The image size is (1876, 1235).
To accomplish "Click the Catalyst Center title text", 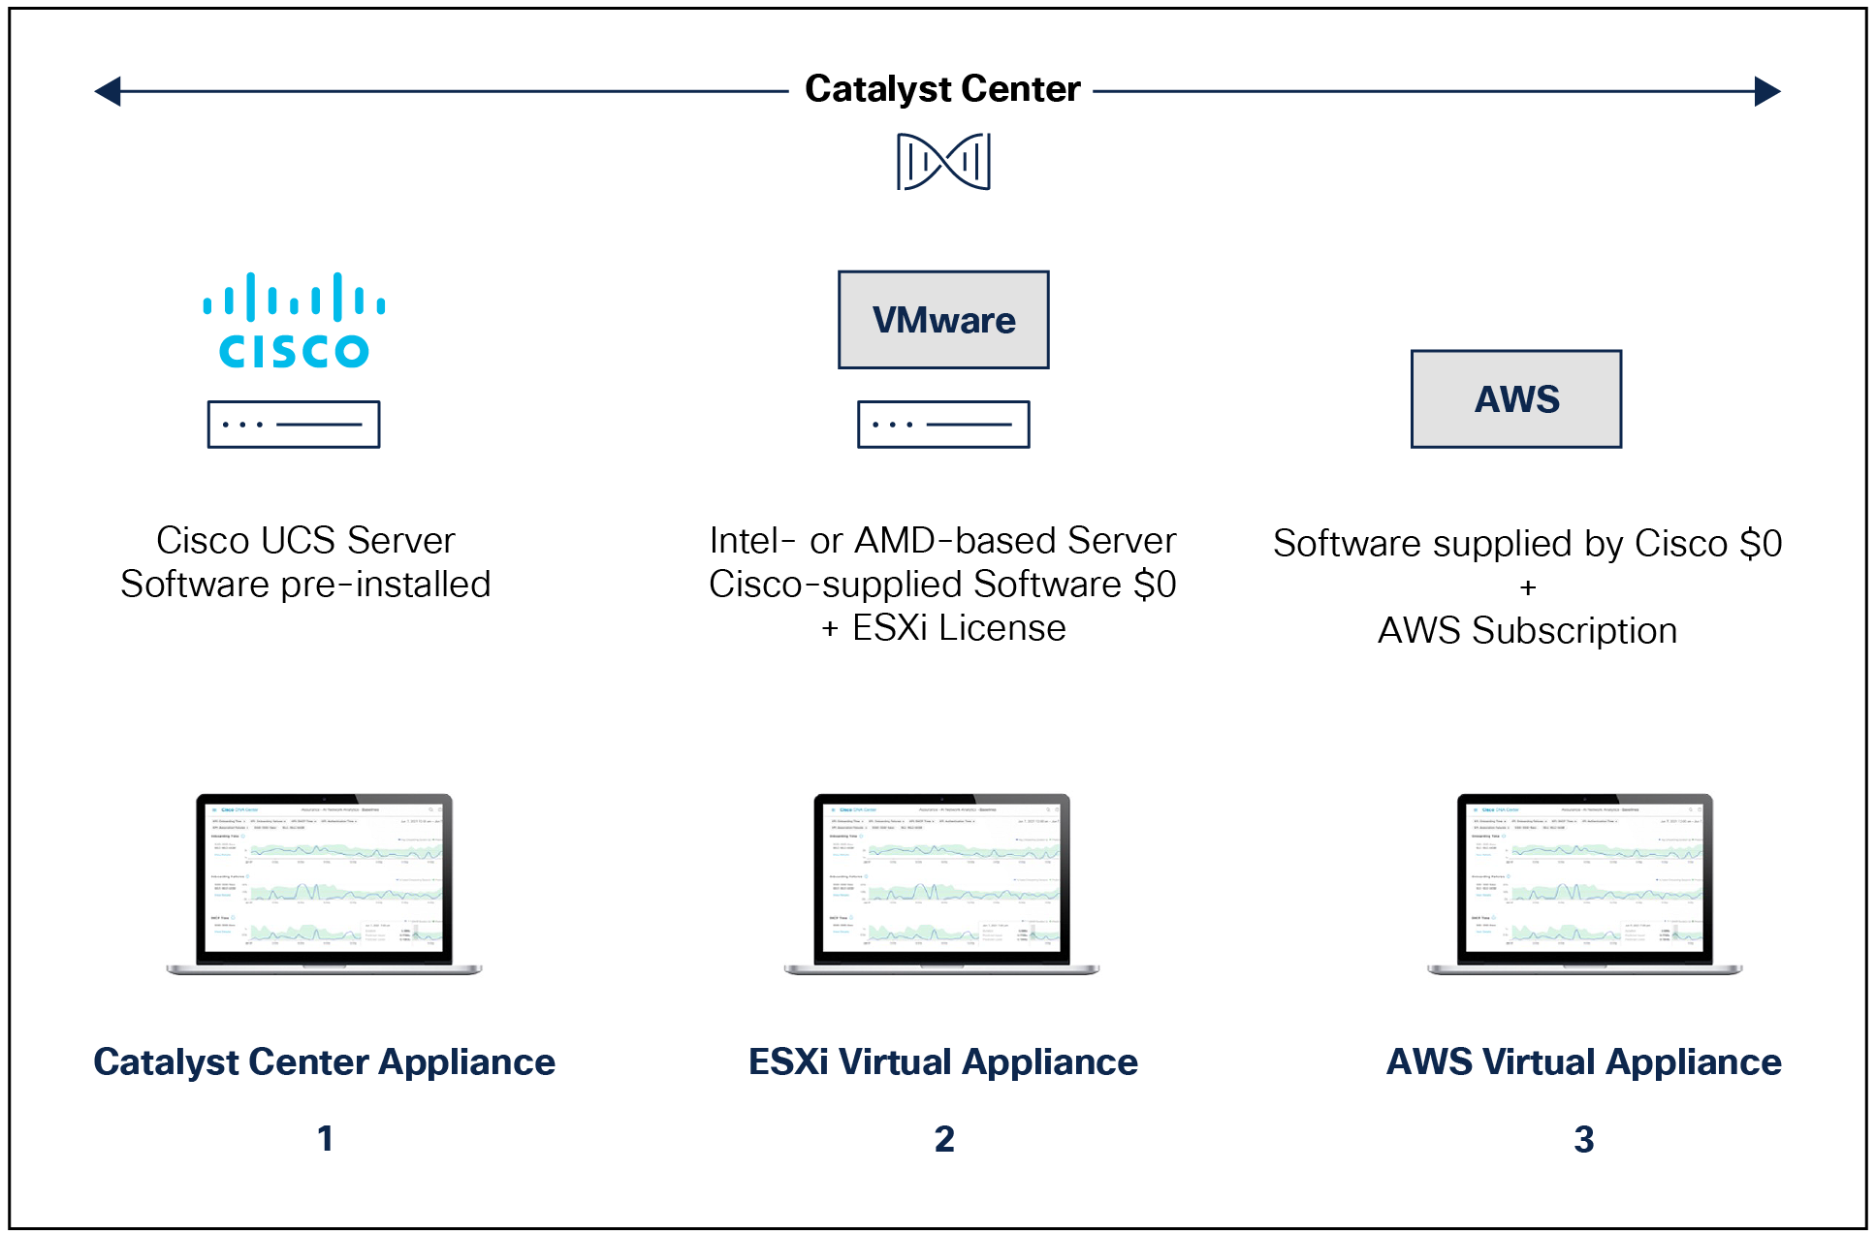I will [x=942, y=89].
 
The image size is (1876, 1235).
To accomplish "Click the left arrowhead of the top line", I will [x=108, y=91].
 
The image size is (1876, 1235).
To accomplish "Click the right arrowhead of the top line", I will [x=1767, y=91].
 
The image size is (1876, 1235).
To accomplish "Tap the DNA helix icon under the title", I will [x=943, y=161].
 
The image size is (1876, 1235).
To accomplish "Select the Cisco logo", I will [x=294, y=321].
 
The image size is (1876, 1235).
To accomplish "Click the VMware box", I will [x=943, y=320].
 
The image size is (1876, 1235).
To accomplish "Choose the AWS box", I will [x=1516, y=399].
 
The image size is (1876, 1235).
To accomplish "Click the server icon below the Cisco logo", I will [x=294, y=425].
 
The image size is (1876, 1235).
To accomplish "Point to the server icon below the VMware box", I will [x=943, y=425].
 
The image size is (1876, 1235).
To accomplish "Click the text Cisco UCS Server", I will [x=305, y=540].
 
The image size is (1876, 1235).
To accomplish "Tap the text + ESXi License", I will [x=943, y=628].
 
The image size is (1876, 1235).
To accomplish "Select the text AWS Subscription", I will [x=1527, y=631].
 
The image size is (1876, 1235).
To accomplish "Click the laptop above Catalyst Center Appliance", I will [x=324, y=882].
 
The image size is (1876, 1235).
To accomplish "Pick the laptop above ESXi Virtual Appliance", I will [x=941, y=882].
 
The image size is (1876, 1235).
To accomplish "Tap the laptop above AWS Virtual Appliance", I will [x=1585, y=882].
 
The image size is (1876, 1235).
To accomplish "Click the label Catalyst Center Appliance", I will [x=325, y=1062].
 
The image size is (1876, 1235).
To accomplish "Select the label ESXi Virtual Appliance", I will [x=943, y=1062].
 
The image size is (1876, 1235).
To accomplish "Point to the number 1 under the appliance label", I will [x=325, y=1138].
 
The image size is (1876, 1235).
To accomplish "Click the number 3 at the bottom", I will [x=1583, y=1139].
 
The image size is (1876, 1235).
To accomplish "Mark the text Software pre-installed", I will [x=305, y=585].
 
